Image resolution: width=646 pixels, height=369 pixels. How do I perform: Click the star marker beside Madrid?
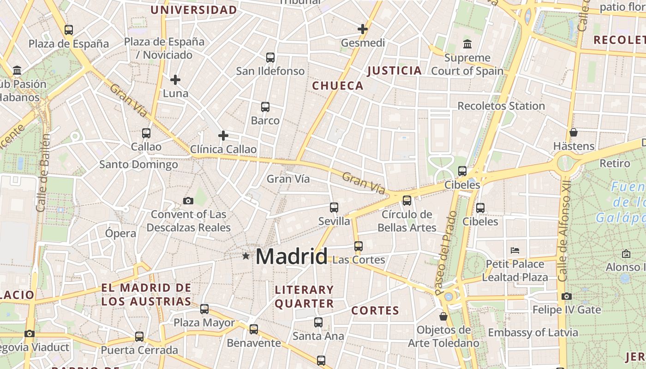(x=246, y=256)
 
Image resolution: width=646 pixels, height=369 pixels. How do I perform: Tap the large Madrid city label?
(x=291, y=256)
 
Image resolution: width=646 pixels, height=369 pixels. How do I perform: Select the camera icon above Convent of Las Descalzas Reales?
(x=188, y=201)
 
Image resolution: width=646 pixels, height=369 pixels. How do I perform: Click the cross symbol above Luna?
(x=175, y=80)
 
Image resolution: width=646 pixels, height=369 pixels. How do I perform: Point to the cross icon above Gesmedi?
(x=363, y=29)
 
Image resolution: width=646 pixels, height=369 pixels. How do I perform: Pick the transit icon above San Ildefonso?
(x=270, y=58)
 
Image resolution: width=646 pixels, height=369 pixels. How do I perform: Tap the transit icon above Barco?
(x=265, y=107)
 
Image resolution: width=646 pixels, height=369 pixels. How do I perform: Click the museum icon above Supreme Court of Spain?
(x=467, y=44)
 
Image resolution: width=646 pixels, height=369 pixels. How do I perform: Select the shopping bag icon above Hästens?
(x=574, y=132)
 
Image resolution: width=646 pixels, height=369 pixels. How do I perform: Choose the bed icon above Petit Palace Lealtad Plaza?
(x=515, y=250)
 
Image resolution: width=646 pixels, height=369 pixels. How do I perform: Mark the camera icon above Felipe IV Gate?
(x=567, y=296)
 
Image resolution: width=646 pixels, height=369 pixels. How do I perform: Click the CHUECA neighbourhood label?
(x=338, y=86)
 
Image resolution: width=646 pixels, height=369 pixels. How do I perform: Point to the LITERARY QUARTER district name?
(x=305, y=297)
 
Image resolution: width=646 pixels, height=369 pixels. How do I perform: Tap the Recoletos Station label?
(x=501, y=106)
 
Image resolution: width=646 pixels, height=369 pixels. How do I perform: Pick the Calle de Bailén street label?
(x=43, y=173)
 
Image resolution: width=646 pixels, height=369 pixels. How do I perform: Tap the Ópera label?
(x=120, y=233)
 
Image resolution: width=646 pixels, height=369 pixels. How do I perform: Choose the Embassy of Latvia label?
(x=533, y=333)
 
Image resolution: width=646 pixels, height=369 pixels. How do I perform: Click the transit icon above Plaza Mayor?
(x=204, y=309)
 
